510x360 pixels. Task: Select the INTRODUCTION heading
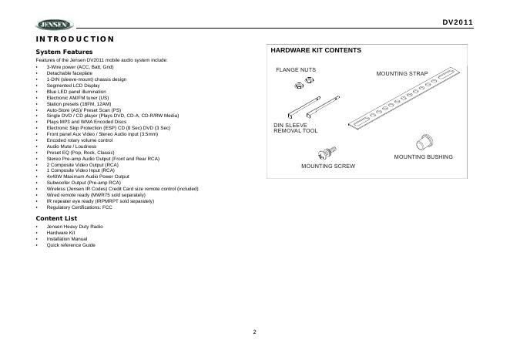[75, 39]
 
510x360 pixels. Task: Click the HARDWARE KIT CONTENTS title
[316, 50]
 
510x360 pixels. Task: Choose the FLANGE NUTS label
[296, 69]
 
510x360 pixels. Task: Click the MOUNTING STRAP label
[401, 72]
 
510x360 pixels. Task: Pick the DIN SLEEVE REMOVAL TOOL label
[296, 128]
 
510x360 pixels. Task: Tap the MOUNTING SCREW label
[327, 165]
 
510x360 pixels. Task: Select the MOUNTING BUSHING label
[423, 156]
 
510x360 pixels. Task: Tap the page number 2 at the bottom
[254, 332]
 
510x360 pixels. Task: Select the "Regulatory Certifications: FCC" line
[79, 207]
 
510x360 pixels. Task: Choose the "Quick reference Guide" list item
[71, 244]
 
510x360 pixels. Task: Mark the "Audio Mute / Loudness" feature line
[71, 146]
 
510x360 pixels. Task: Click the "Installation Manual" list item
[67, 239]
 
